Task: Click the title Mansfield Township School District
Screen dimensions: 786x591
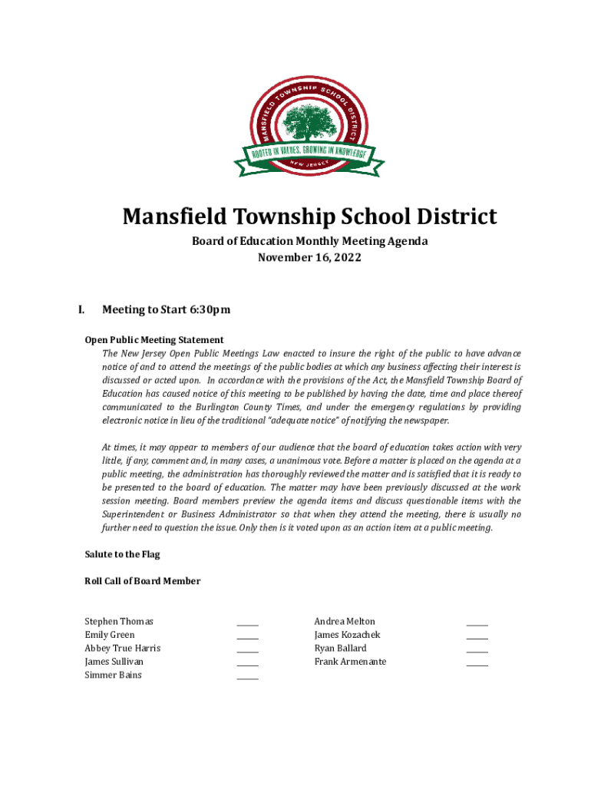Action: (x=309, y=217)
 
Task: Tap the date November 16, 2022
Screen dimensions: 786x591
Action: (x=309, y=258)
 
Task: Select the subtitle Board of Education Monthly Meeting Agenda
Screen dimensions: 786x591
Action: (x=309, y=242)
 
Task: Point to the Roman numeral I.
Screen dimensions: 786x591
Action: (x=81, y=310)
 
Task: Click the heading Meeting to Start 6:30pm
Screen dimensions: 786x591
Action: (x=166, y=310)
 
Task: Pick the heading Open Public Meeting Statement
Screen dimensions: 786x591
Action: (x=154, y=339)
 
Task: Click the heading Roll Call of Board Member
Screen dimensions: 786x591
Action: (x=142, y=581)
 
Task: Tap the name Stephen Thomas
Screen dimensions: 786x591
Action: (x=119, y=621)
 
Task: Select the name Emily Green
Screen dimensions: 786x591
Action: (x=110, y=635)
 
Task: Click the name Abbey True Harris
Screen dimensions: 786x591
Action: (x=123, y=648)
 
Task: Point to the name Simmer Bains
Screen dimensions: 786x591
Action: (x=113, y=675)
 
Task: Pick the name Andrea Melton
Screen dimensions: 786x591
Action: (x=345, y=621)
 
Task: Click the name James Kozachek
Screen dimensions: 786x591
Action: (x=347, y=635)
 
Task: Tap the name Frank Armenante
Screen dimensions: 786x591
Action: (x=350, y=662)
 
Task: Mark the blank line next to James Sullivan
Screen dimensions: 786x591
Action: (x=247, y=664)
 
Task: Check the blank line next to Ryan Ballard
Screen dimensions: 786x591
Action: (x=477, y=651)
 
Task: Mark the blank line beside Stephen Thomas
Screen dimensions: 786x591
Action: (x=247, y=624)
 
